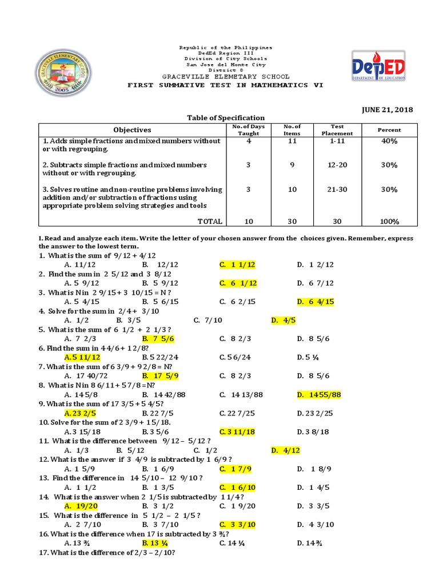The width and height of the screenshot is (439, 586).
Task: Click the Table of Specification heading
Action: [x=226, y=117]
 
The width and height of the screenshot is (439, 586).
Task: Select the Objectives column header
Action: [x=132, y=130]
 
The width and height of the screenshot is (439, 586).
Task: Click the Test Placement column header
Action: [x=337, y=130]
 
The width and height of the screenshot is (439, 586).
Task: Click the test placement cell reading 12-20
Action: [x=337, y=165]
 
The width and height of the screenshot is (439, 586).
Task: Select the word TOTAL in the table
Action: [x=210, y=221]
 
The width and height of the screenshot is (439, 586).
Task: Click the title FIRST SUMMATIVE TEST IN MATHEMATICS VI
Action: [x=225, y=85]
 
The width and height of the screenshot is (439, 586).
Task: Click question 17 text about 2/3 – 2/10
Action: [x=106, y=553]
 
